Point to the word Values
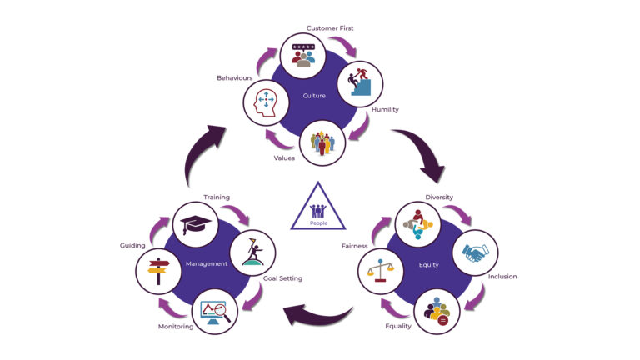(284, 157)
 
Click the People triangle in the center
(319, 209)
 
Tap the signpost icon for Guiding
(158, 269)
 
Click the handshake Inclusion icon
(474, 252)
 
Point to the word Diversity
(438, 197)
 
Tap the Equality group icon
(437, 311)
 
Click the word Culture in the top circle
(314, 96)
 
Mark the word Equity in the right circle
(428, 265)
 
